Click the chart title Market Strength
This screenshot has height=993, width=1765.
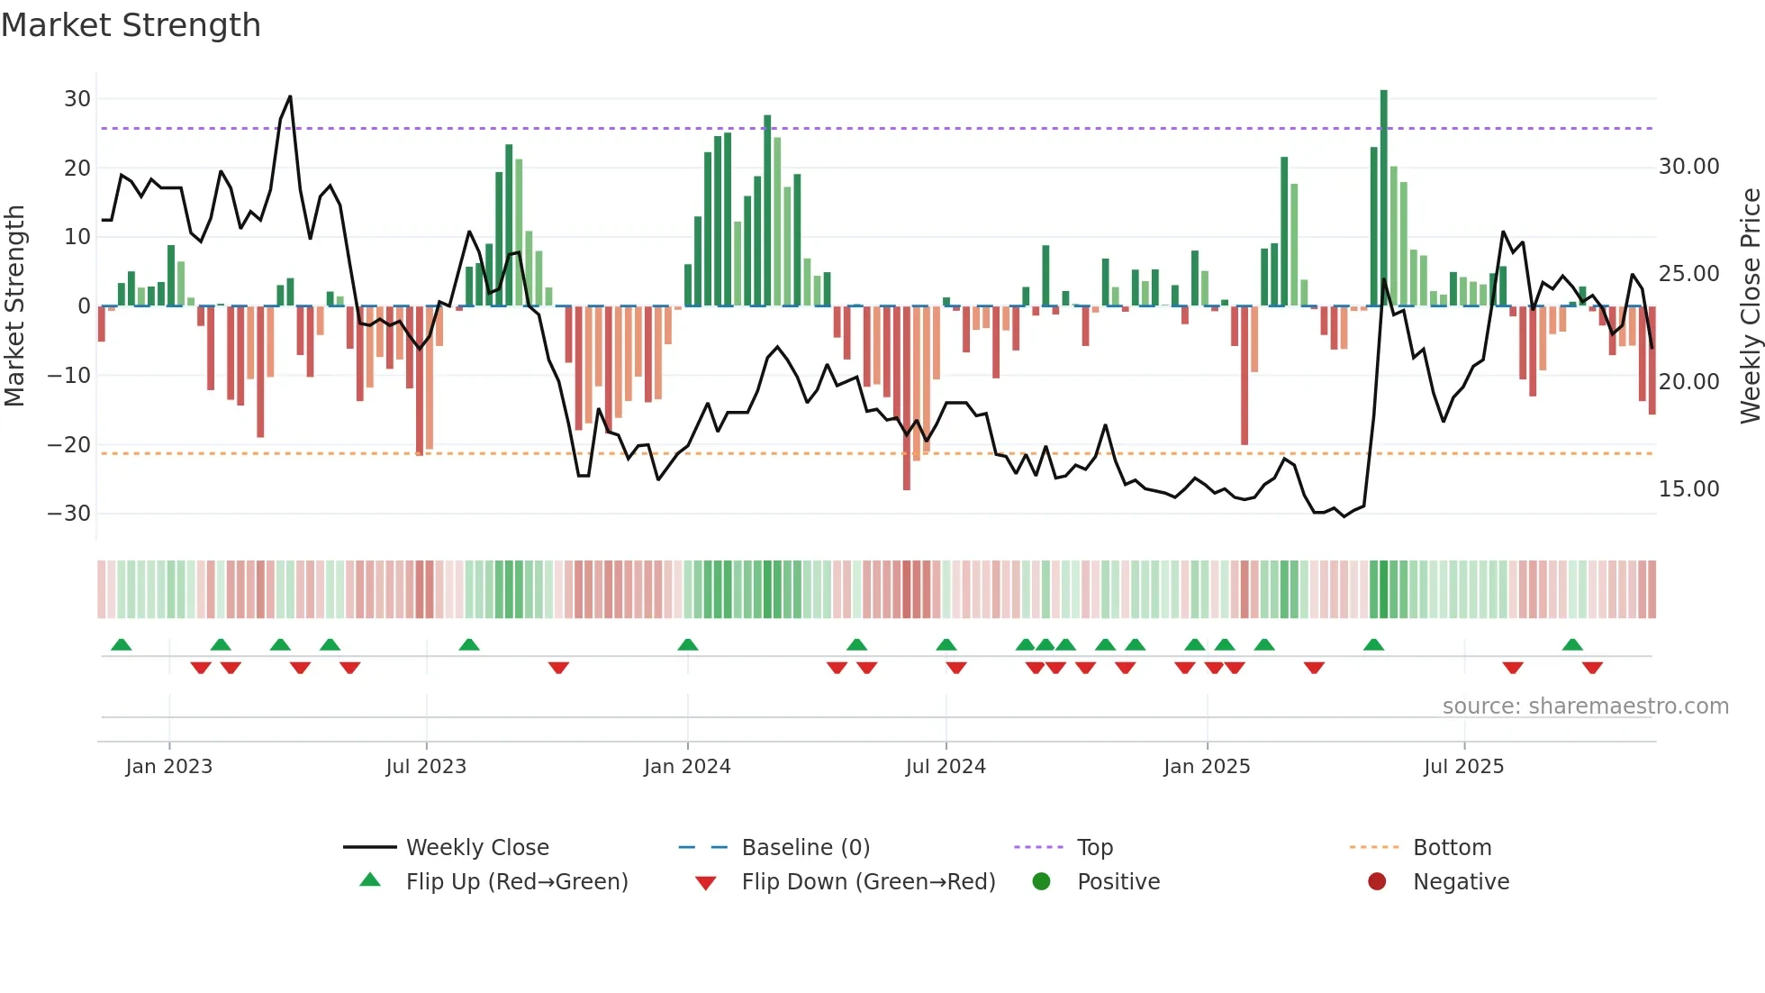point(131,25)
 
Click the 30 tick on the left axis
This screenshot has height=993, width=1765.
point(77,99)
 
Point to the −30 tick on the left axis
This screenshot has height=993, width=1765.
point(69,514)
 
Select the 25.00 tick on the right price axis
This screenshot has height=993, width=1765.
point(1688,274)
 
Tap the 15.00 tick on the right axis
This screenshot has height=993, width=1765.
point(1688,489)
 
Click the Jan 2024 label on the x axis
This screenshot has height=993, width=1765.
point(687,767)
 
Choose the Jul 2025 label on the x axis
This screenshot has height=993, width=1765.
point(1463,767)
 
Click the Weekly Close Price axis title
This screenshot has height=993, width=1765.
point(1750,306)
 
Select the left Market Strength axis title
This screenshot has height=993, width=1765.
point(14,306)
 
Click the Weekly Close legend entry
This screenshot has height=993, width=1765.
point(477,848)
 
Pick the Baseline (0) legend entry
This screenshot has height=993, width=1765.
point(805,848)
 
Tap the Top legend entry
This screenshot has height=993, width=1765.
point(1094,848)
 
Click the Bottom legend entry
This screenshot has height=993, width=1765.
point(1452,848)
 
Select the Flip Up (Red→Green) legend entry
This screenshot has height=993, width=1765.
point(516,882)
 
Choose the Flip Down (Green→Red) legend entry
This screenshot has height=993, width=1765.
point(868,882)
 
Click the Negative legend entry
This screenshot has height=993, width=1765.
point(1461,882)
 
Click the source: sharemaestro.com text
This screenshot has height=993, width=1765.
point(1585,706)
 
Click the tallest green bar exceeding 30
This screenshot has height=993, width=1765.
point(1384,198)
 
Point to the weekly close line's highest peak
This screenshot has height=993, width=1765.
point(290,96)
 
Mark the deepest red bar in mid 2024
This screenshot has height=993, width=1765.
point(907,398)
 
